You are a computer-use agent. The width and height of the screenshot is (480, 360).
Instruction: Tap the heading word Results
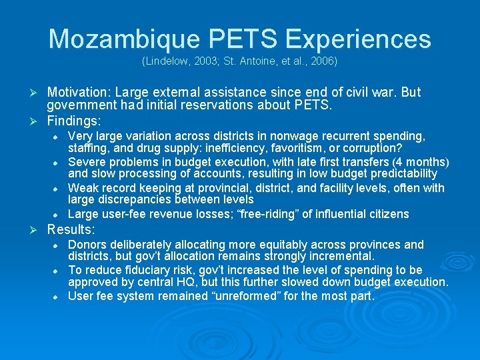[71, 230]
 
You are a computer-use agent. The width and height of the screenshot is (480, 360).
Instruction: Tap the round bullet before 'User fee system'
[58, 297]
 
